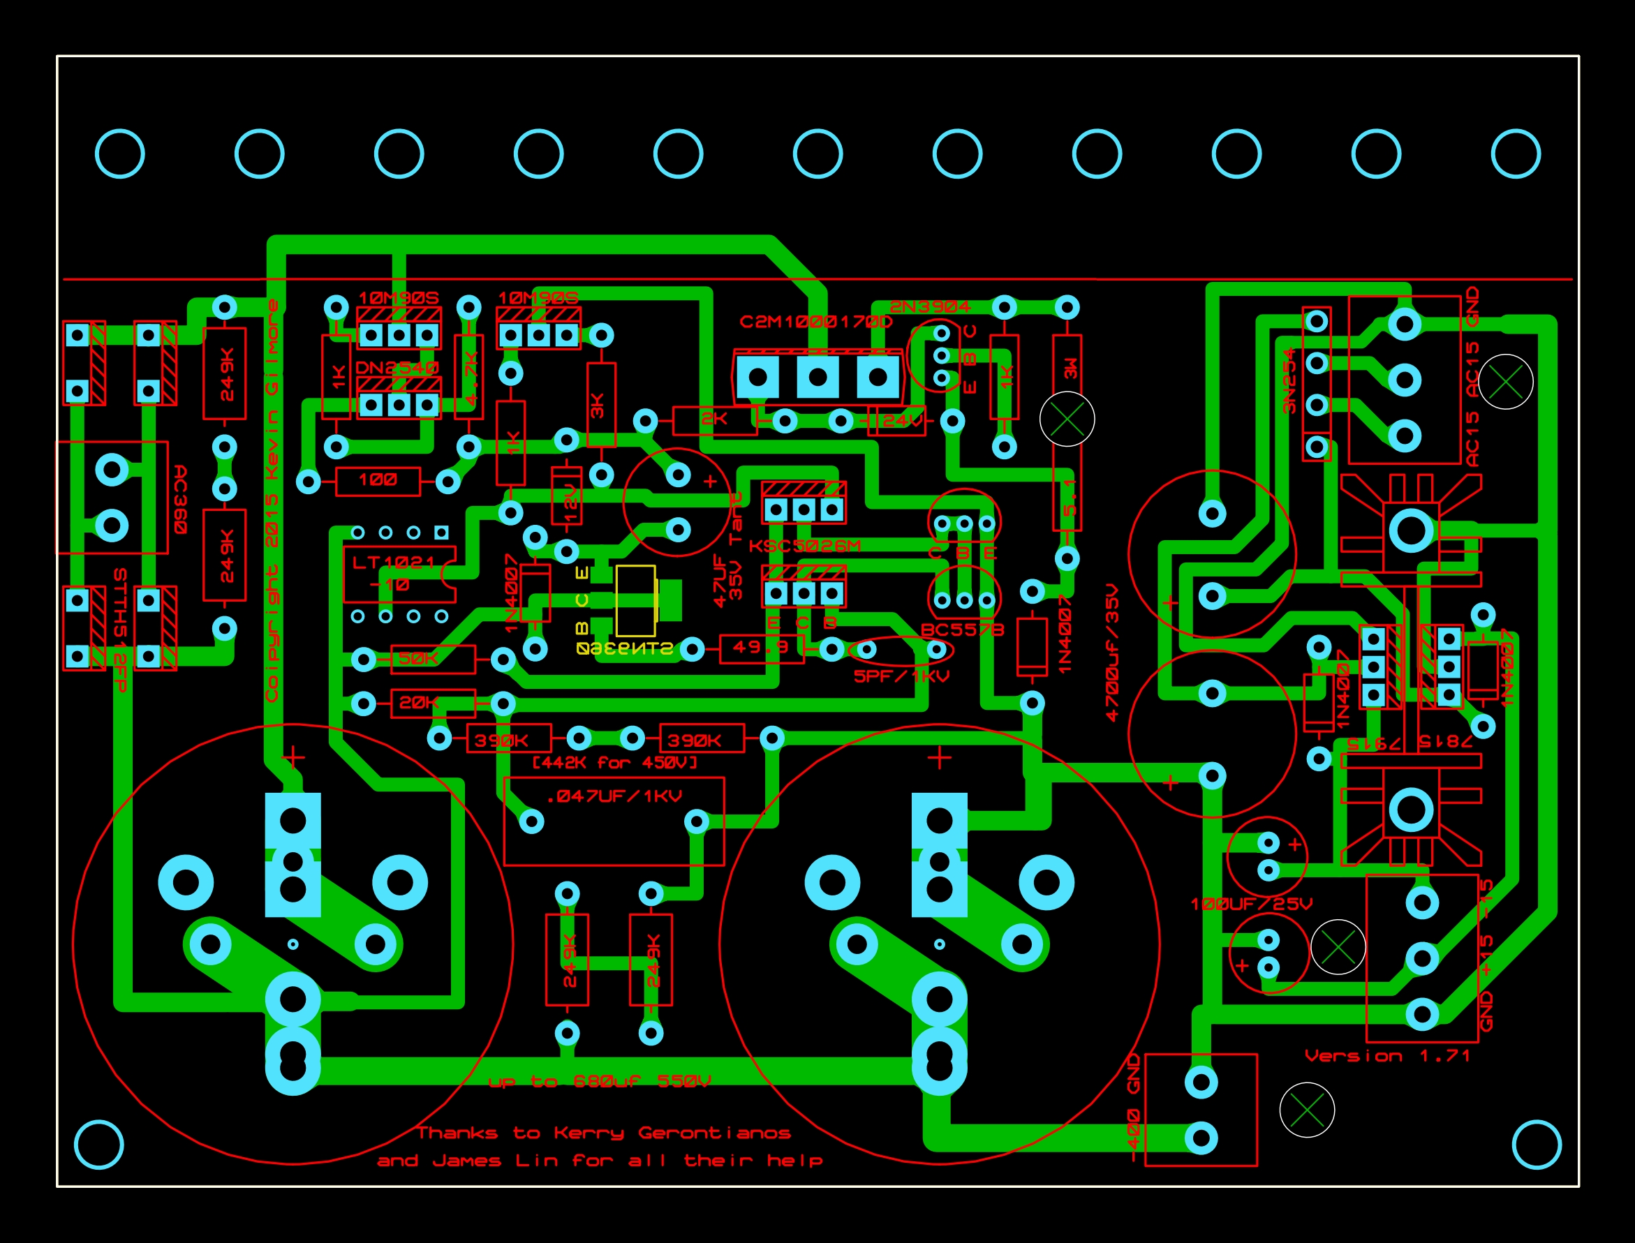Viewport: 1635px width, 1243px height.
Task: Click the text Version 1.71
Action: click(x=1386, y=1056)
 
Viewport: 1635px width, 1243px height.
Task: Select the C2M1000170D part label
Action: click(x=815, y=322)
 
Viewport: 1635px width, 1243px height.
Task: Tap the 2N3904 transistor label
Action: click(x=930, y=306)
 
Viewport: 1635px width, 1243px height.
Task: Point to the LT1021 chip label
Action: click(x=394, y=563)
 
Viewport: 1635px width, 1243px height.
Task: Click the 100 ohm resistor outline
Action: click(x=378, y=481)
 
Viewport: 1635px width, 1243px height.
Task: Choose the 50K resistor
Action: click(x=433, y=659)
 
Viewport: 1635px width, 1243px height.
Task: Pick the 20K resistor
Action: click(x=433, y=703)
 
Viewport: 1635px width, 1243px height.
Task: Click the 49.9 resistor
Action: click(x=762, y=649)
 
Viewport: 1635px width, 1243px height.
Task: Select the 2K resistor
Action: click(x=714, y=420)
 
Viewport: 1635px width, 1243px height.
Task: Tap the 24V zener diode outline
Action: click(x=897, y=421)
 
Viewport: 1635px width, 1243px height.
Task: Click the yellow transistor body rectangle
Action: click(x=635, y=601)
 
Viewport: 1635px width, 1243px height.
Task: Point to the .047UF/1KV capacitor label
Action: click(x=614, y=797)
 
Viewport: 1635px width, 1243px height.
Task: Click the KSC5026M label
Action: click(x=804, y=546)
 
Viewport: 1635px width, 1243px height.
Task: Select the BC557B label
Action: click(x=962, y=630)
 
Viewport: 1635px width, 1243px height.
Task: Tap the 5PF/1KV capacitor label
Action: click(x=901, y=676)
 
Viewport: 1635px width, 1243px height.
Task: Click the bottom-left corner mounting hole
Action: click(x=99, y=1145)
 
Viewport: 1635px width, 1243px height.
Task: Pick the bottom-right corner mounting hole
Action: click(x=1536, y=1145)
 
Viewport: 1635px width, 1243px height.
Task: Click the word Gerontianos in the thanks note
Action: click(x=714, y=1133)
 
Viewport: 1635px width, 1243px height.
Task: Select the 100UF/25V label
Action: click(x=1251, y=904)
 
